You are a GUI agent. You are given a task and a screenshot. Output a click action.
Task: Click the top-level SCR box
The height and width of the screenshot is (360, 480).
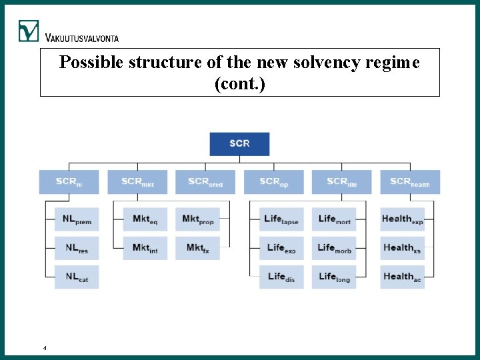point(239,144)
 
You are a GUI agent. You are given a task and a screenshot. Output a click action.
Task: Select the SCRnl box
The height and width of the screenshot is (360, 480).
point(69,182)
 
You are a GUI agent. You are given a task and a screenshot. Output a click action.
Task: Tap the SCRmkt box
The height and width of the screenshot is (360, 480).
point(137,182)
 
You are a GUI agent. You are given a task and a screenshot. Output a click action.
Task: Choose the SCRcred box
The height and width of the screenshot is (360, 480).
point(205,182)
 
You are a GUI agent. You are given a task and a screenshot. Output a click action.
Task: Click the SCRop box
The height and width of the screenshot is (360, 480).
point(273,182)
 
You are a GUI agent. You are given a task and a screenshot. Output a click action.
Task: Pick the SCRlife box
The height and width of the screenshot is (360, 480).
point(342,182)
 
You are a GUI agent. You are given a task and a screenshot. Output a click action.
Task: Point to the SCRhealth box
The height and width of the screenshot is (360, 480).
point(410,182)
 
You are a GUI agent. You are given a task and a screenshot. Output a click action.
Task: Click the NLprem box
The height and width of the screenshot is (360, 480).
point(77,219)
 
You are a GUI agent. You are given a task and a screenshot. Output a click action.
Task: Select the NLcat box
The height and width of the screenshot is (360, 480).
point(77,277)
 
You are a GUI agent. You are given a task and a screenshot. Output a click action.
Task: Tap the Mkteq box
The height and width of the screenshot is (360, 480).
point(145,219)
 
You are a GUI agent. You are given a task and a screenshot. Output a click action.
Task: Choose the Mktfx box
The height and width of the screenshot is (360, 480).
point(197,248)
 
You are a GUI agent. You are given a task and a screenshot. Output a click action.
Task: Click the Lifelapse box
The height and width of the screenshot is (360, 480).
point(281,219)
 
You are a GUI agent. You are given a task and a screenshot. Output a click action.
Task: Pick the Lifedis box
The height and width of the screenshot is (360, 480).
point(281,277)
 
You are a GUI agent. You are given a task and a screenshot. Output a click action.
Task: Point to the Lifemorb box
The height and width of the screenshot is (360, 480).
point(334,248)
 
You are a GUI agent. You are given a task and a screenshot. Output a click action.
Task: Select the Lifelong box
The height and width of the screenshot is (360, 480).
point(334,277)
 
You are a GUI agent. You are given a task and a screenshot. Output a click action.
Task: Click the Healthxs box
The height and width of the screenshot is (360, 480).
point(402,248)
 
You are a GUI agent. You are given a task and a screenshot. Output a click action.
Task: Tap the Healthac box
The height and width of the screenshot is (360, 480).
point(402,277)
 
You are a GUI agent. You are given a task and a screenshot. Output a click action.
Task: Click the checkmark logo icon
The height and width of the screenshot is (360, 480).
point(29,30)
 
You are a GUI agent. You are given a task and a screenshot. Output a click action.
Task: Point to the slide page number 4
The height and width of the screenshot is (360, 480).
point(44,348)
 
